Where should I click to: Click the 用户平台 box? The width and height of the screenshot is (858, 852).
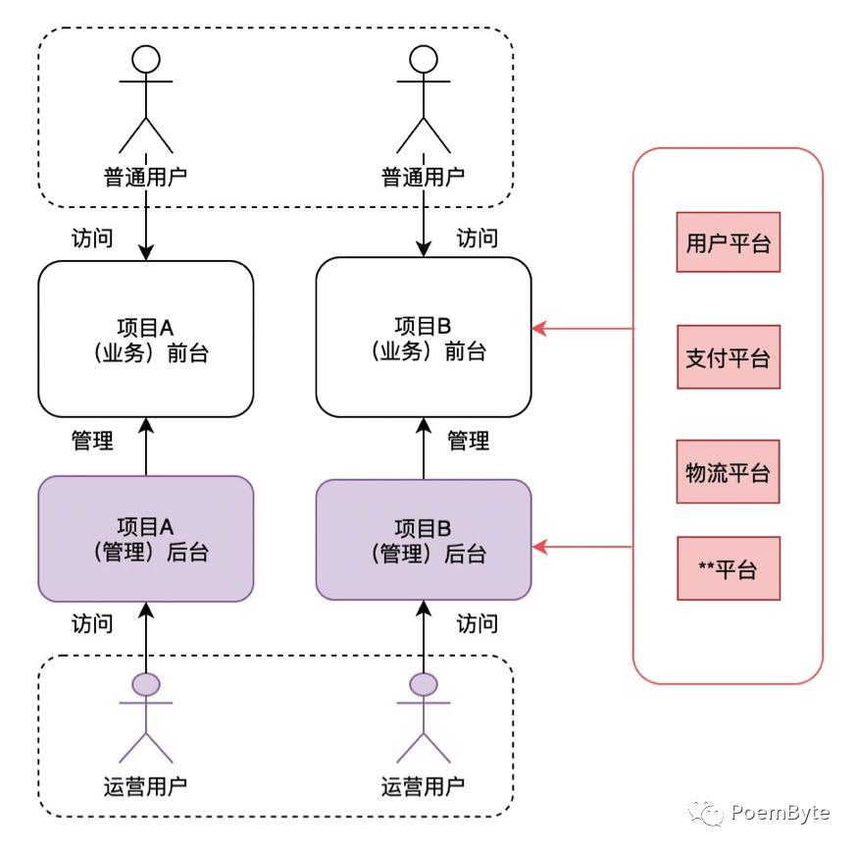pyautogui.click(x=728, y=242)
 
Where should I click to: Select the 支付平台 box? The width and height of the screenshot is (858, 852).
pyautogui.click(x=728, y=357)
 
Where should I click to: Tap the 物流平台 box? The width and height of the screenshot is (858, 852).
pyautogui.click(x=728, y=471)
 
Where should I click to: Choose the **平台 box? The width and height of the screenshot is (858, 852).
pyautogui.click(x=728, y=568)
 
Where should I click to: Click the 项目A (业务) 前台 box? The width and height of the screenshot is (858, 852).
pyautogui.click(x=145, y=339)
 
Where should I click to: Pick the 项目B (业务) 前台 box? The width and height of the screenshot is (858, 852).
pyautogui.click(x=424, y=339)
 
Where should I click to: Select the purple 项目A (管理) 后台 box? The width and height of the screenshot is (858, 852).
pyautogui.click(x=145, y=539)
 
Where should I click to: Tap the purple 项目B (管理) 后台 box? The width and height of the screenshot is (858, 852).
pyautogui.click(x=424, y=540)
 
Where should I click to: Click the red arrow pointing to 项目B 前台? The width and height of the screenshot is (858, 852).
pyautogui.click(x=582, y=329)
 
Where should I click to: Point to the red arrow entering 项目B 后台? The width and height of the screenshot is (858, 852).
pyautogui.click(x=582, y=546)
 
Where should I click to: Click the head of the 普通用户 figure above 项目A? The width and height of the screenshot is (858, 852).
pyautogui.click(x=146, y=60)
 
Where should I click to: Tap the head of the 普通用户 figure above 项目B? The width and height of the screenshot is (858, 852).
pyautogui.click(x=424, y=60)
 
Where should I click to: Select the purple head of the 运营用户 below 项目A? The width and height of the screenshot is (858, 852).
pyautogui.click(x=146, y=683)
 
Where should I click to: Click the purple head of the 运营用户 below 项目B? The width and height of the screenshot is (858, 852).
pyautogui.click(x=424, y=683)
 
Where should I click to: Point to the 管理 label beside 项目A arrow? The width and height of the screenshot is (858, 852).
pyautogui.click(x=92, y=441)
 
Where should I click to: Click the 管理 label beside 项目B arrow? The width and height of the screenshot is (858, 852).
pyautogui.click(x=468, y=441)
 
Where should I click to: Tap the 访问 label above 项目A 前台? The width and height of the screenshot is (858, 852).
pyautogui.click(x=92, y=239)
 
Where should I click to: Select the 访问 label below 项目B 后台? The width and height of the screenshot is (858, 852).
pyautogui.click(x=478, y=623)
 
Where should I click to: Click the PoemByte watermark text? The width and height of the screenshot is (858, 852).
pyautogui.click(x=780, y=813)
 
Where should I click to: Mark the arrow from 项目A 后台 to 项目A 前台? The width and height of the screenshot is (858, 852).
pyautogui.click(x=146, y=447)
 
